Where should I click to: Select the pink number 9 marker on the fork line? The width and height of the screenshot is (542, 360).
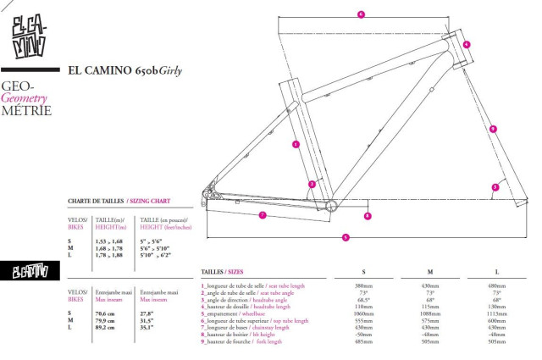point(493,129)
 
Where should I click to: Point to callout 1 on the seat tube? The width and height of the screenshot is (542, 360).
point(296,144)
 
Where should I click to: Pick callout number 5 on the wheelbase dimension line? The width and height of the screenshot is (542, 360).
point(346,237)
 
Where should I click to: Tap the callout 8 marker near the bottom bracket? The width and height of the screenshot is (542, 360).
point(368,216)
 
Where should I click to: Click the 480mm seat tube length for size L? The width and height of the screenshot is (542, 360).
point(498,285)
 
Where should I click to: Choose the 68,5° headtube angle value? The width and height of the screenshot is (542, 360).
point(363,298)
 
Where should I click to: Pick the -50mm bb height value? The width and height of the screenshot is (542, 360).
point(363,335)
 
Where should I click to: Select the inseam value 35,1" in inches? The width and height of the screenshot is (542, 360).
point(147,328)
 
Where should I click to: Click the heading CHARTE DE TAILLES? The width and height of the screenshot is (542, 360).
point(96,202)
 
